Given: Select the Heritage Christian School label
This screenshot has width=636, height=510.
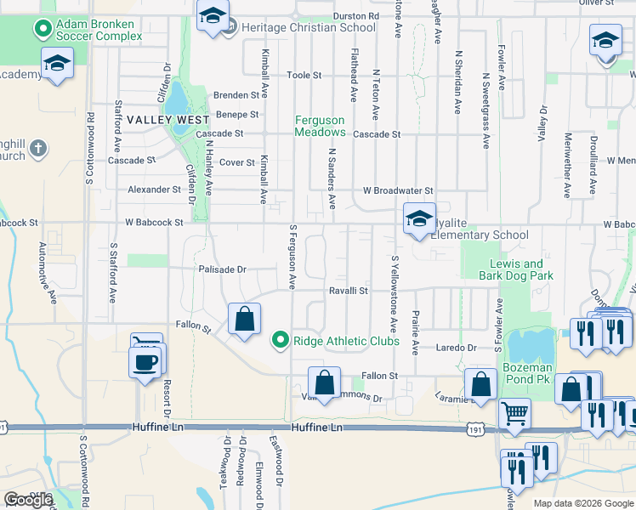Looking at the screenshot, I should [x=309, y=27].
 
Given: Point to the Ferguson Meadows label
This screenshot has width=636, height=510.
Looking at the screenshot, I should [x=320, y=126].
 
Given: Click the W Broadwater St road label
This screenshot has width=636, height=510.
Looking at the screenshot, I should [x=398, y=190].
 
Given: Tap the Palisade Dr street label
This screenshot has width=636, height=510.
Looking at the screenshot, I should [x=223, y=269].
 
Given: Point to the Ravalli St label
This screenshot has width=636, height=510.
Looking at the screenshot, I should [x=349, y=291].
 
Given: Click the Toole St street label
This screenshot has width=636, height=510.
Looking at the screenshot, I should [x=304, y=75].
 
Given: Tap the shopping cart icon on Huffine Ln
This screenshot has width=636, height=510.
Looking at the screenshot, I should [x=514, y=414].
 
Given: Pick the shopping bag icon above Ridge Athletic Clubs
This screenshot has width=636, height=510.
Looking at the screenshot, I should [x=244, y=320].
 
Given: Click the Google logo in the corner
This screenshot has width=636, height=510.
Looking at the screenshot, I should [x=28, y=500].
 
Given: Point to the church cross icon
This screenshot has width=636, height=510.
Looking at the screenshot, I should [x=37, y=150].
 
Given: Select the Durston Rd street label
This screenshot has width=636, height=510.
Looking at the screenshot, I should [x=355, y=15].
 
